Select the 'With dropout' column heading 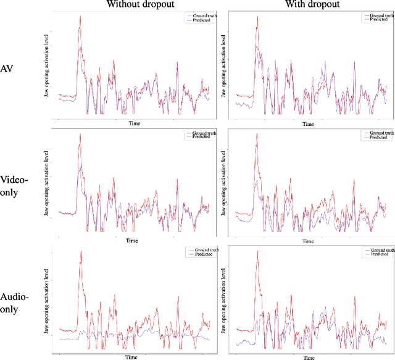click(x=306, y=4)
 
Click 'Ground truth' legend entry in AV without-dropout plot click(x=200, y=16)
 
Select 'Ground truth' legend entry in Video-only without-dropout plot click(x=200, y=133)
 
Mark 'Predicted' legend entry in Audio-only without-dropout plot click(x=200, y=254)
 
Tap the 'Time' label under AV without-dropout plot click(x=134, y=123)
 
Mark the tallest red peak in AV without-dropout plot click(x=80, y=17)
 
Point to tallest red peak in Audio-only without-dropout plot click(x=80, y=252)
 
